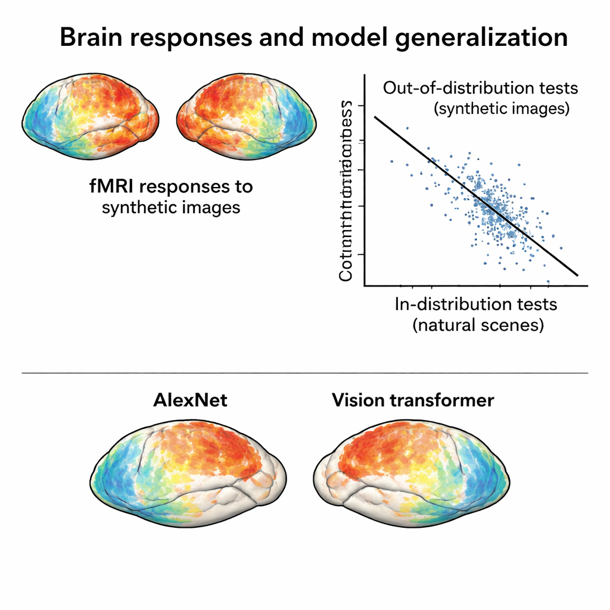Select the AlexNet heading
pos(191,400)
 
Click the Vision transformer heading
pos(413,400)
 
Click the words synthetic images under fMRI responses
pos(171,207)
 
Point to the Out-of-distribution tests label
pos(480,88)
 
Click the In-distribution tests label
pos(476,304)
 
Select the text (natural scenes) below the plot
pos(478,325)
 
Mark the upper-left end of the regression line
pos(375,117)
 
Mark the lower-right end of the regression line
pos(577,275)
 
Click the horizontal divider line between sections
pos(305,373)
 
